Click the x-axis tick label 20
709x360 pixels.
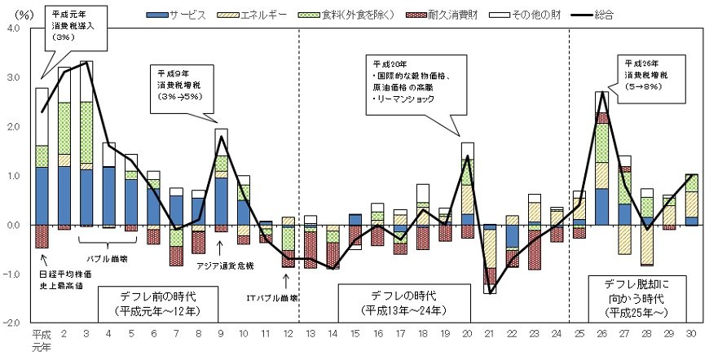466,333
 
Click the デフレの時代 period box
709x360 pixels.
404,300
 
